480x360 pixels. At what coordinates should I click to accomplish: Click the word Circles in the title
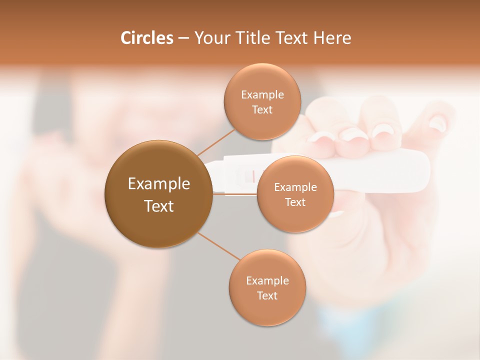[x=146, y=38]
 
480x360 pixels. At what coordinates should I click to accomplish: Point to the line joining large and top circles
[x=215, y=142]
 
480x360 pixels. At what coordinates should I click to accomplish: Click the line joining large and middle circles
[x=235, y=194]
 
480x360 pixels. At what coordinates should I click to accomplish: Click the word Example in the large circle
[x=158, y=184]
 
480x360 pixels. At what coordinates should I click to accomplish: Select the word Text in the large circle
[x=158, y=206]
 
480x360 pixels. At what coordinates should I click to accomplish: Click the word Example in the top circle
[x=262, y=95]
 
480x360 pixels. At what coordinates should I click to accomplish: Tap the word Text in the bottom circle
[x=267, y=295]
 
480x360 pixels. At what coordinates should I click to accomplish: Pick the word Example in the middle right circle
[x=295, y=187]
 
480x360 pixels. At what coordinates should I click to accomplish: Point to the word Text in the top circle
[x=262, y=109]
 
